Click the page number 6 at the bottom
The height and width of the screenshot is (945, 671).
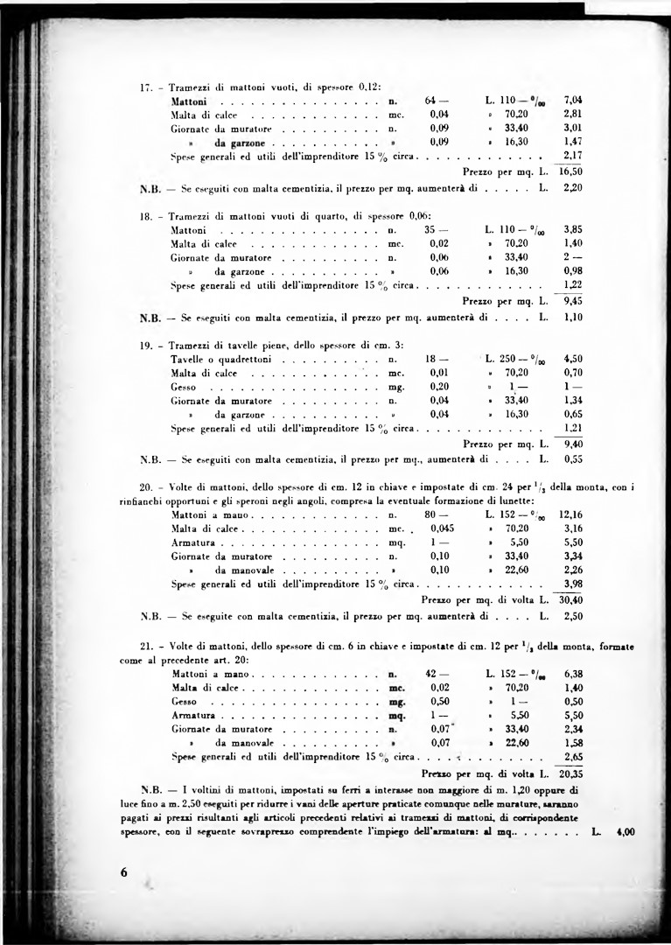click(124, 871)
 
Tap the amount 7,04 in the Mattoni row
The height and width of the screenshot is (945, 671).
click(573, 100)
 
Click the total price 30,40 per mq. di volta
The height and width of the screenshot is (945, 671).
click(571, 599)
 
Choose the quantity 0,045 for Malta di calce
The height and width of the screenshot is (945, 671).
click(442, 528)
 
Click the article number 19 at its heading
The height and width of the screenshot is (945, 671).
click(147, 345)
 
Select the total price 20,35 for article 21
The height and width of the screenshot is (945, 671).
click(571, 773)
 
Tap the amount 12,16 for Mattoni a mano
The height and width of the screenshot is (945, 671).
click(570, 514)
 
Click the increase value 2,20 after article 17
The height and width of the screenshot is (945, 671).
click(573, 188)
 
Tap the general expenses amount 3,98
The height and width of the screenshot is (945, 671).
click(574, 584)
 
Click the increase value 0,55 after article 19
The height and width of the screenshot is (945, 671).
click(574, 458)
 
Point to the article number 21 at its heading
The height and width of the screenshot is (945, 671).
click(147, 646)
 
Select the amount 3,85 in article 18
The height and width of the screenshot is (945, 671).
click(574, 229)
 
